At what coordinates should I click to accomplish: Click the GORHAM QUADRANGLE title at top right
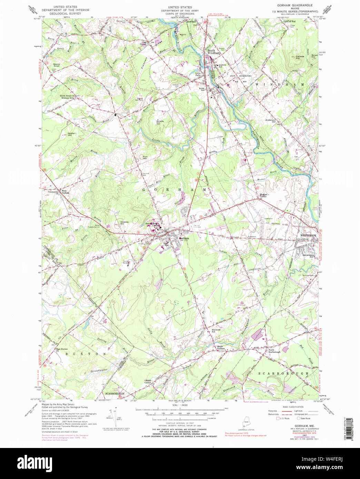(295, 6)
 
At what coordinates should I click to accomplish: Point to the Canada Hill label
(300, 57)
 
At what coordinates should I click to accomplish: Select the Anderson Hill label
(270, 121)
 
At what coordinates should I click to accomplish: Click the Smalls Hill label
(160, 122)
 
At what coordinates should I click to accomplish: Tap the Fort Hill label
(145, 158)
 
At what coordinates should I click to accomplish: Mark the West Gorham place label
(65, 192)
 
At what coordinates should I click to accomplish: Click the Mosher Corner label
(264, 195)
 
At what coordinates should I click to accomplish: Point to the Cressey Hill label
(124, 223)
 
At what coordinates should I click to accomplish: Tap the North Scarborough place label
(274, 351)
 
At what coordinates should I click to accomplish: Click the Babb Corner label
(148, 381)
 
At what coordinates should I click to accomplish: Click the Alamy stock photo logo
(34, 462)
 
